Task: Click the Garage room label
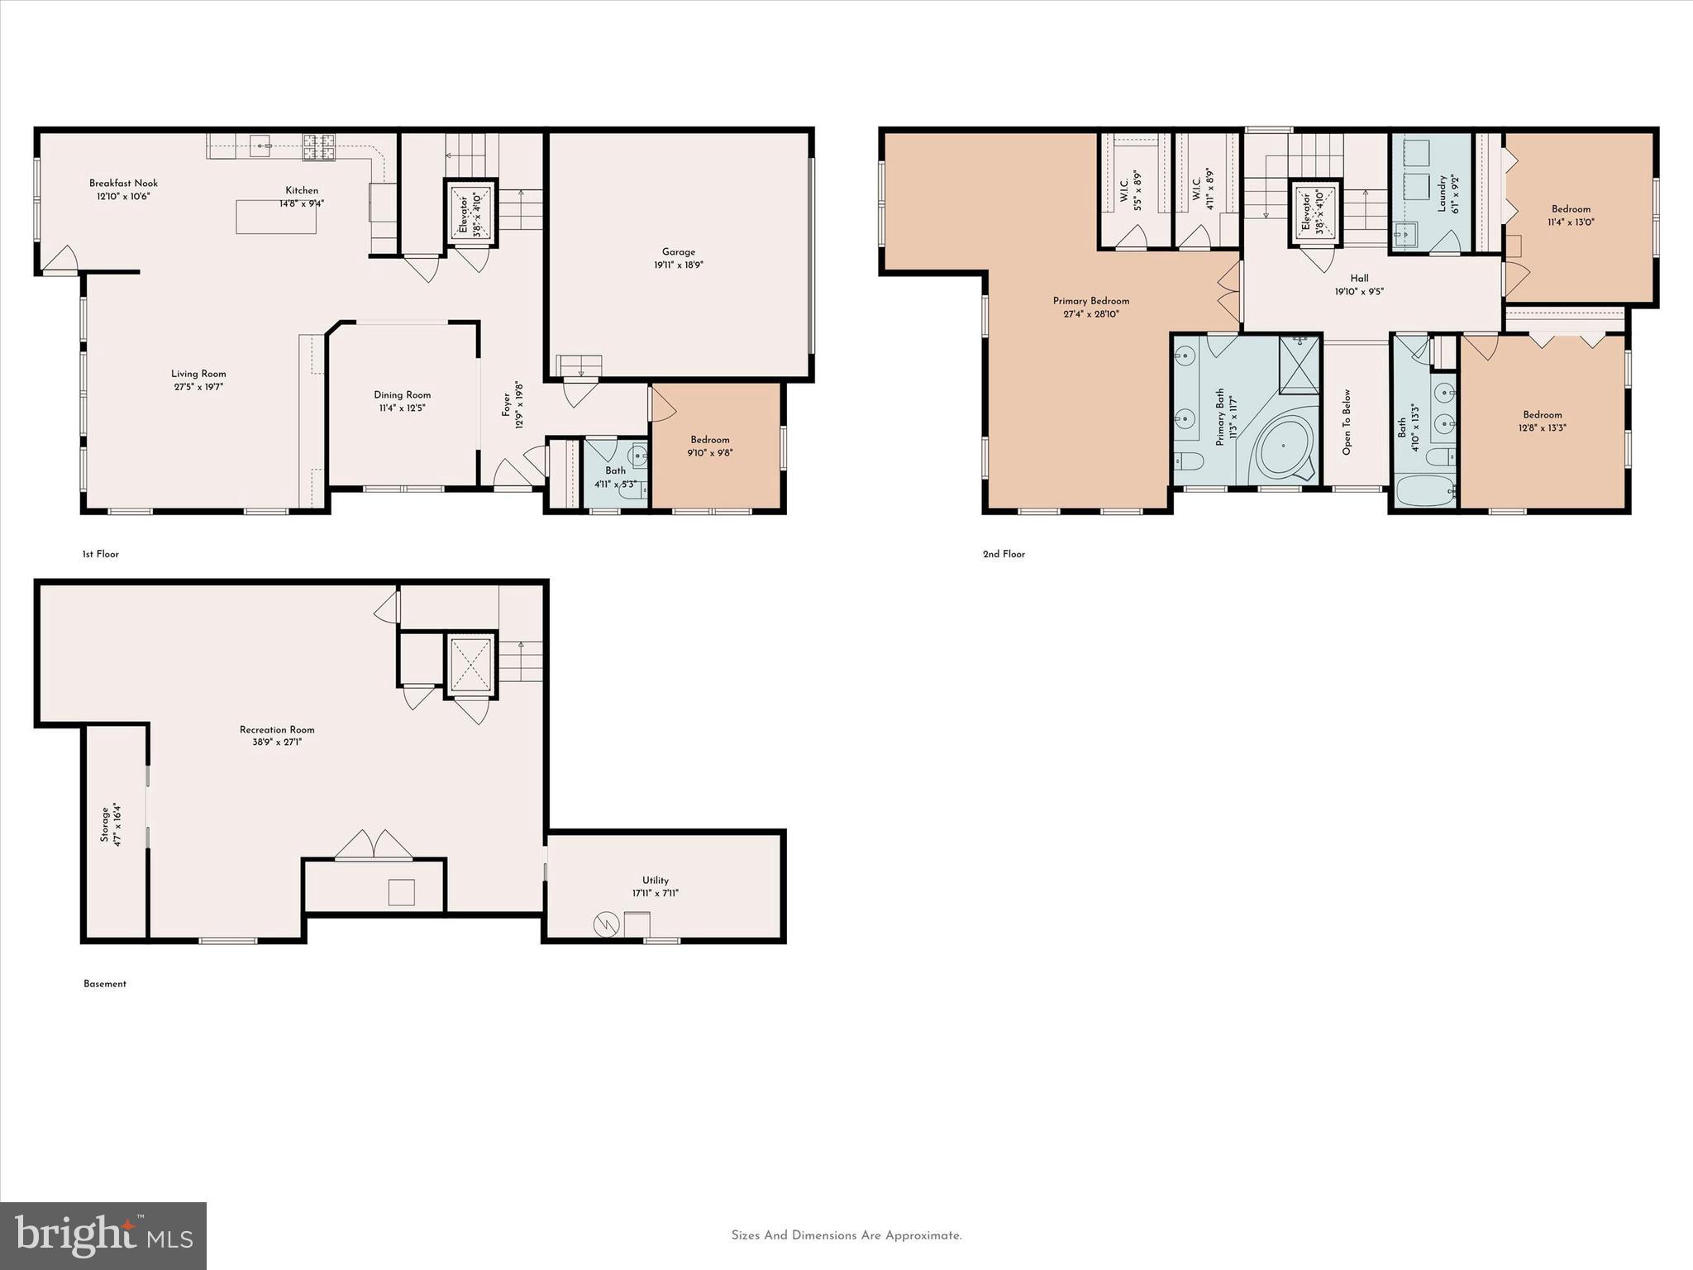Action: point(678,252)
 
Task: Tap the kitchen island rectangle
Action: point(276,217)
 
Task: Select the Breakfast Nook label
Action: point(123,184)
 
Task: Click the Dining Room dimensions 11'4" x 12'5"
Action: point(402,408)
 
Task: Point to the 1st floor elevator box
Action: point(471,212)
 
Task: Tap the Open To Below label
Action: point(1347,422)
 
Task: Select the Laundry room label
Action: point(1441,193)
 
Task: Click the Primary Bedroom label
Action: point(1090,301)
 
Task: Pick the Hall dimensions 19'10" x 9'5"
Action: point(1359,292)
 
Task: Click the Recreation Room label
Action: point(277,729)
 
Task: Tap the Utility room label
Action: point(656,881)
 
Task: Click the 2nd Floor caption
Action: point(1004,554)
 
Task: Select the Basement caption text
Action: point(105,984)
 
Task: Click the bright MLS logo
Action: point(103,1235)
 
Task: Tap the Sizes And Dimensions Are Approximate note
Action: point(846,1235)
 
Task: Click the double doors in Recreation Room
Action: point(374,845)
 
